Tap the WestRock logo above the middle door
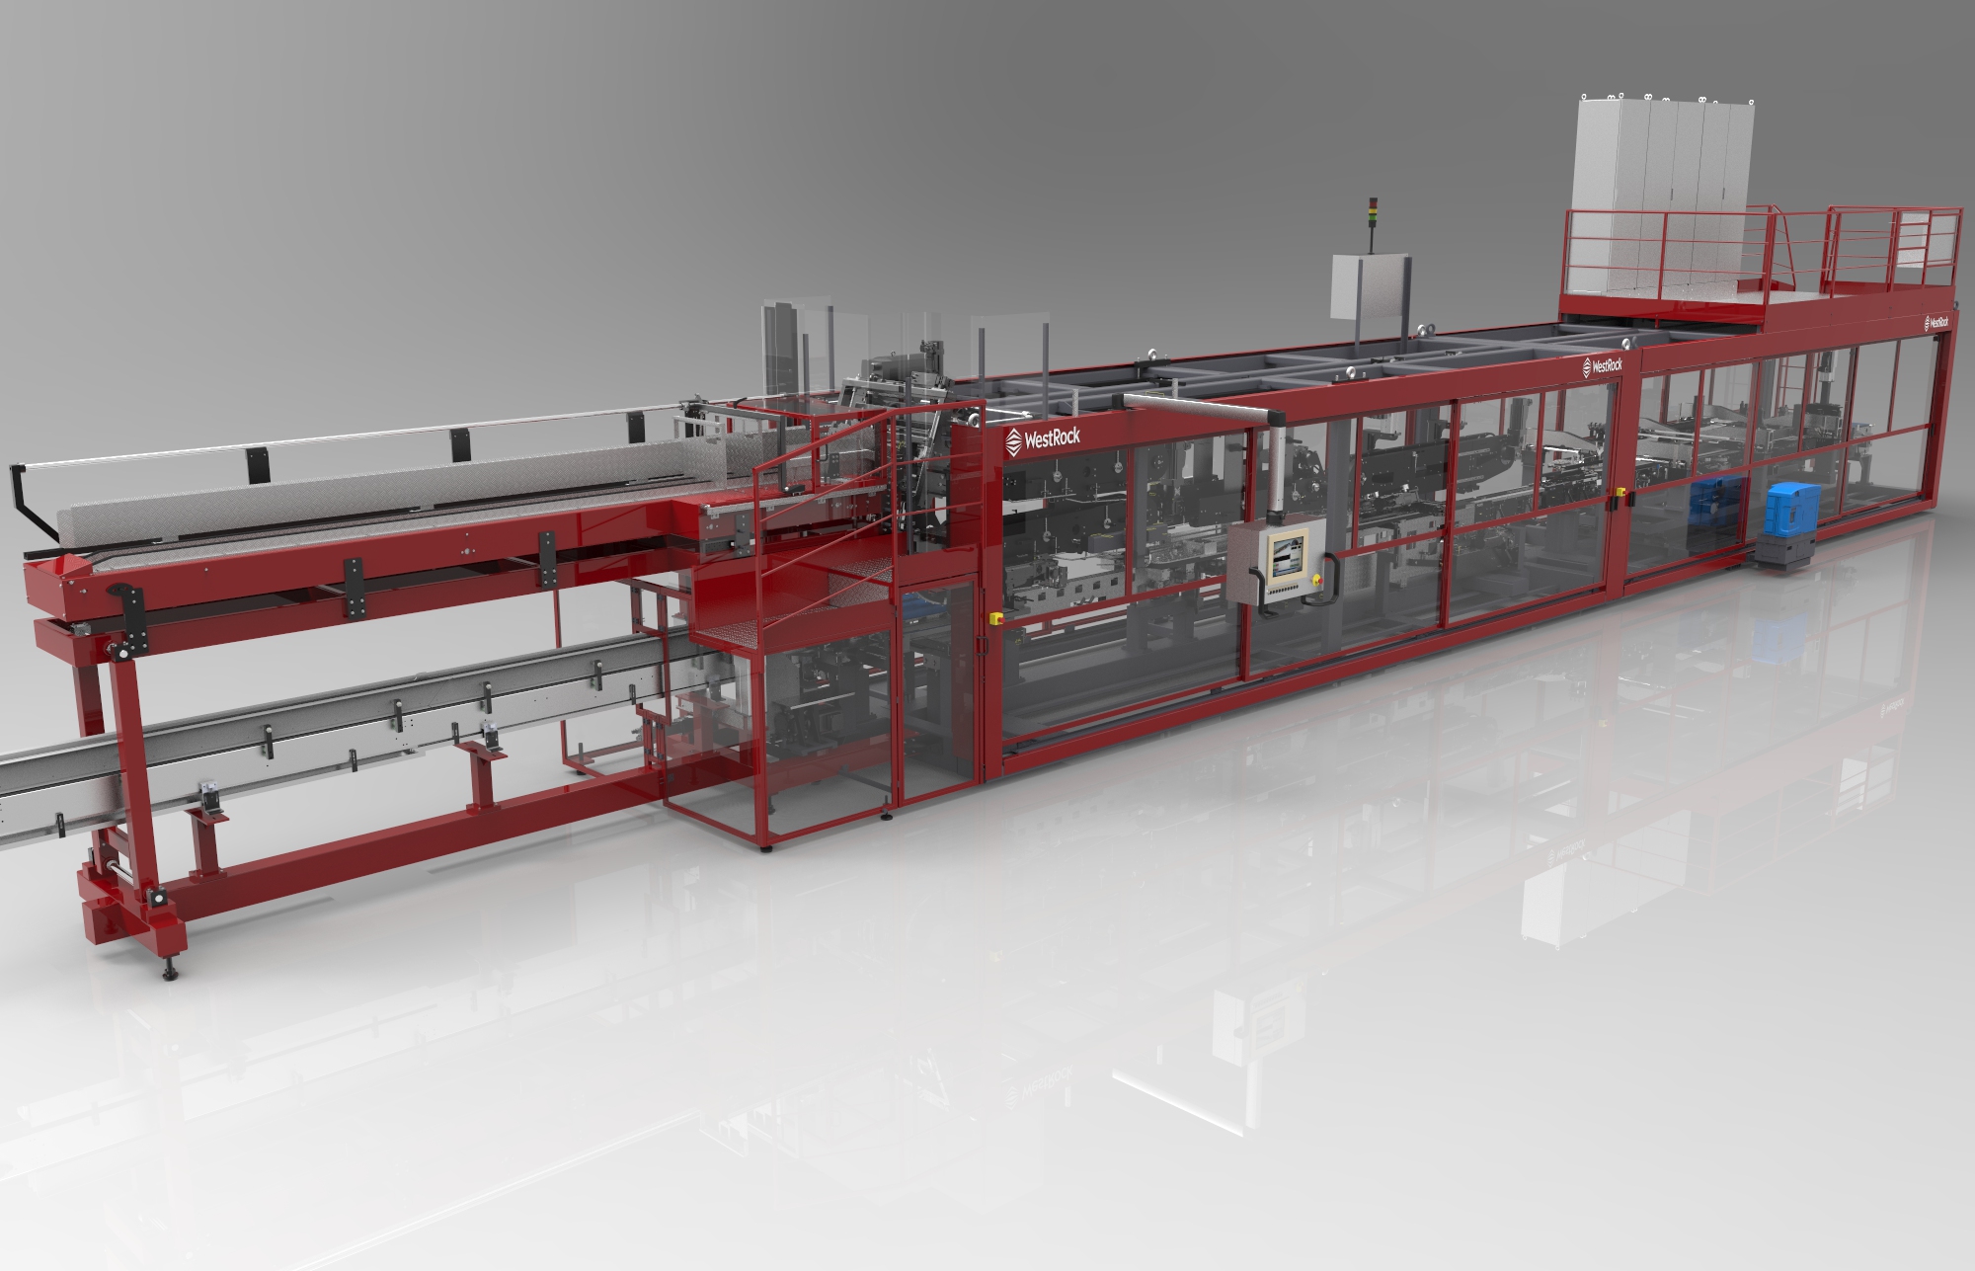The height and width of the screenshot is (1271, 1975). [x=1602, y=365]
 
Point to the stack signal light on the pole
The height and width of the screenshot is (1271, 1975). [x=1370, y=212]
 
